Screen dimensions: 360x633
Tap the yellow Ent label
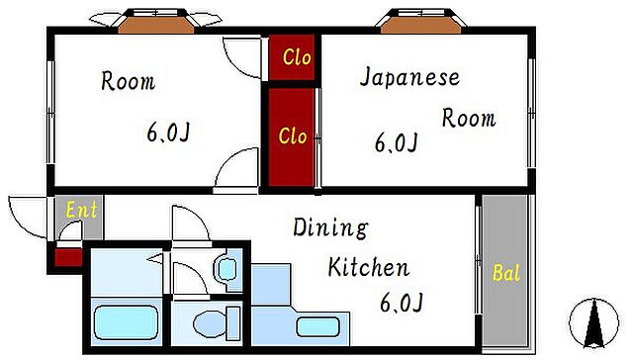81,210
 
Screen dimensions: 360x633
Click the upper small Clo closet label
296,57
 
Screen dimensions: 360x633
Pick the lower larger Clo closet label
292,136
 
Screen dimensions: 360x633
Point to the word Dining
329,229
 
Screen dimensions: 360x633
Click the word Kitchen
368,267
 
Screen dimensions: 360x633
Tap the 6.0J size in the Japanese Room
396,143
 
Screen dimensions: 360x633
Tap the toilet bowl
211,322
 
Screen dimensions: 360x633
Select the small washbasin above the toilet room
226,268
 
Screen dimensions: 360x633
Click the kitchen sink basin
322,325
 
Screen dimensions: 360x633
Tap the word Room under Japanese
468,119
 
